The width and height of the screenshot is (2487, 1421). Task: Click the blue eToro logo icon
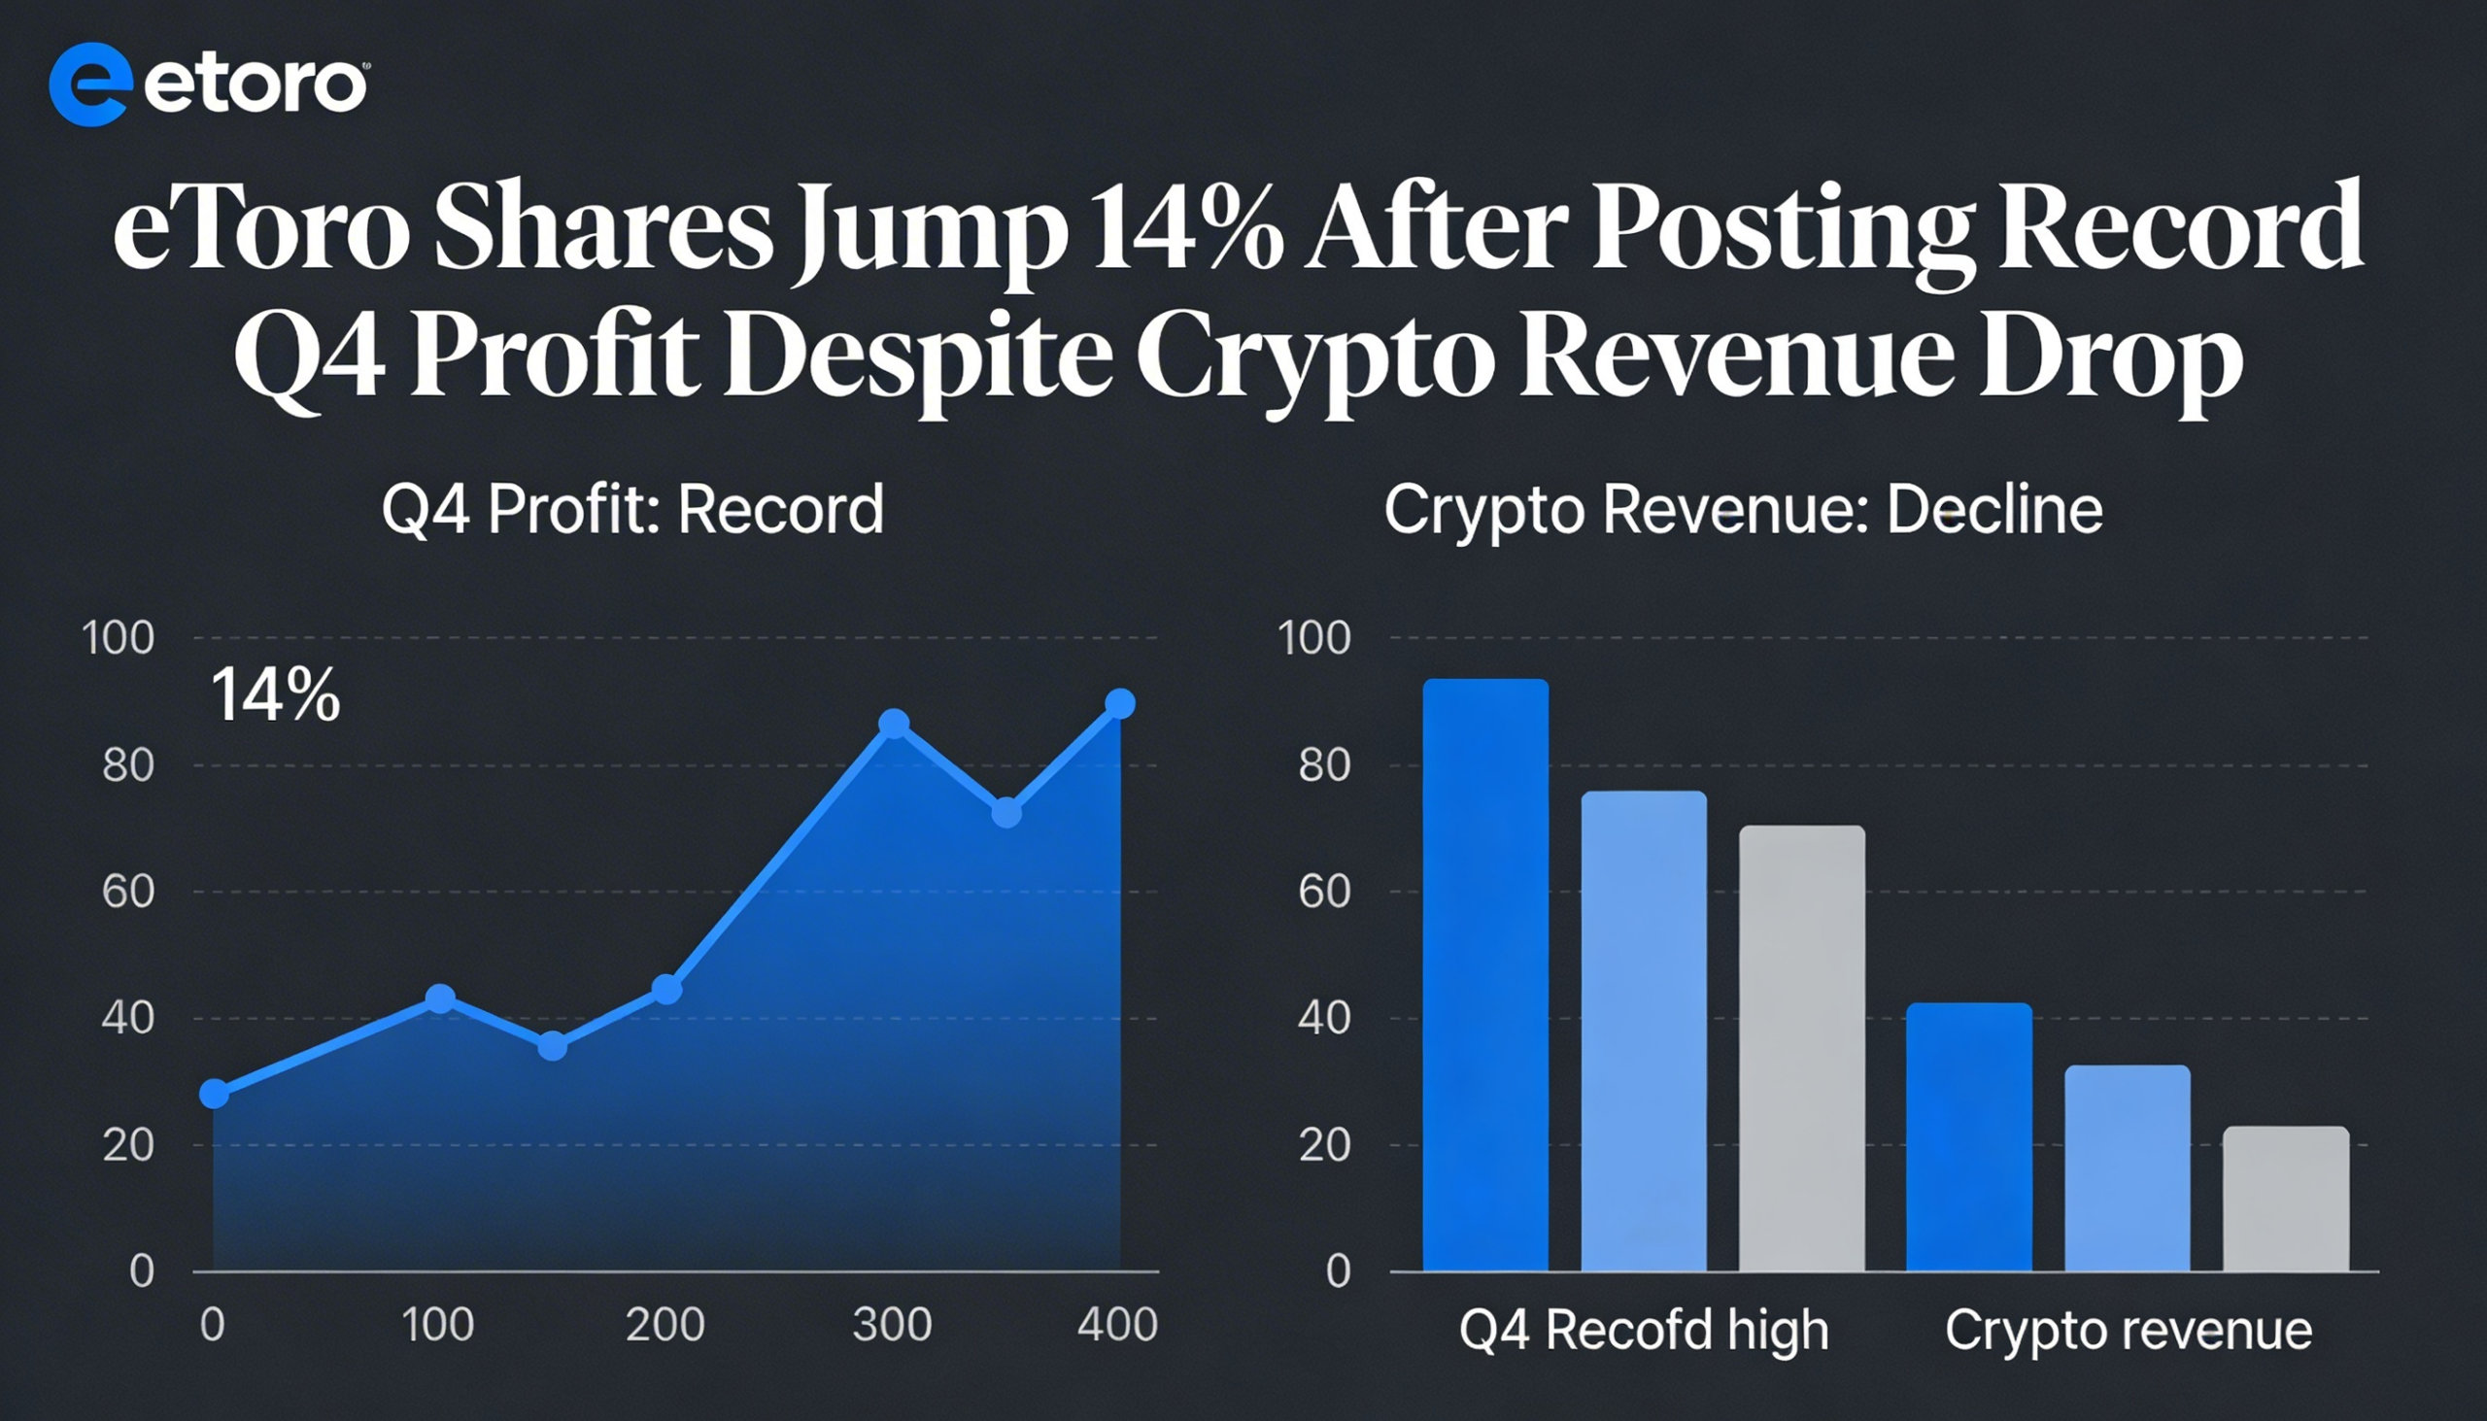coord(89,84)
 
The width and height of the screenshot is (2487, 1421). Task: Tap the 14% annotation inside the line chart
coord(275,694)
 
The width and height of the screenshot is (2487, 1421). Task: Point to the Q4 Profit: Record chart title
coord(632,510)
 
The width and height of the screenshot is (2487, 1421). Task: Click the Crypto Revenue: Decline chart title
coord(1743,510)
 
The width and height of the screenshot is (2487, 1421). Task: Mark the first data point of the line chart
coord(215,1094)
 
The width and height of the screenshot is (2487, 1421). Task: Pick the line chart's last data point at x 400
coord(1119,703)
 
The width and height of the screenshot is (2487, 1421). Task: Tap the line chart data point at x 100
coord(440,998)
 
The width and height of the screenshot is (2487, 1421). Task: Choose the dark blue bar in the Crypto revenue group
coord(1968,1137)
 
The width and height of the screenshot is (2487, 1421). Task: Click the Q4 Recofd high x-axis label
coord(1644,1331)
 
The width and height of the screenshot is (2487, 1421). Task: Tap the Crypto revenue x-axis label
coord(2128,1331)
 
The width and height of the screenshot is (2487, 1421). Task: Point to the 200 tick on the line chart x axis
coord(664,1326)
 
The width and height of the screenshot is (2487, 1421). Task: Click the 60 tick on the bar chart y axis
coord(1323,892)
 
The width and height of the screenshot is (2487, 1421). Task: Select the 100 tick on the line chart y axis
coord(119,638)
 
